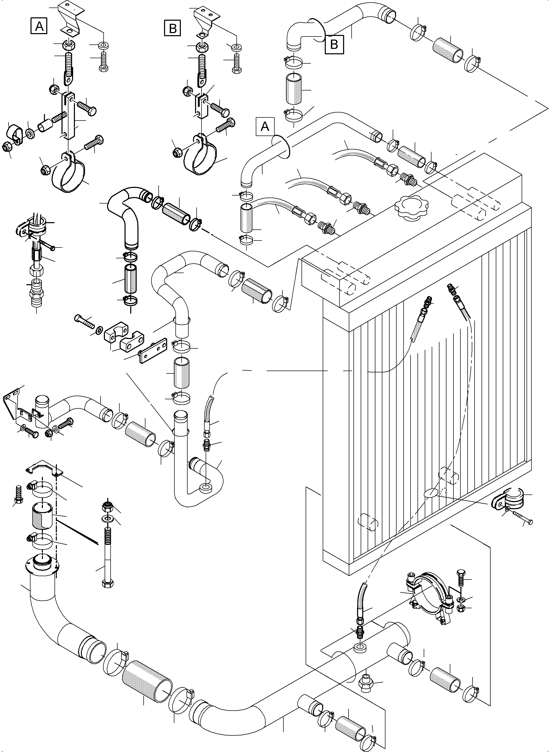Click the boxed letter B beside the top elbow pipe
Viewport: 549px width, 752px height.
point(334,44)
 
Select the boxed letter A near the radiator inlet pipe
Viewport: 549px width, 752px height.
point(265,126)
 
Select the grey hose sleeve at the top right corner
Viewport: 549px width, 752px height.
point(448,49)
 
